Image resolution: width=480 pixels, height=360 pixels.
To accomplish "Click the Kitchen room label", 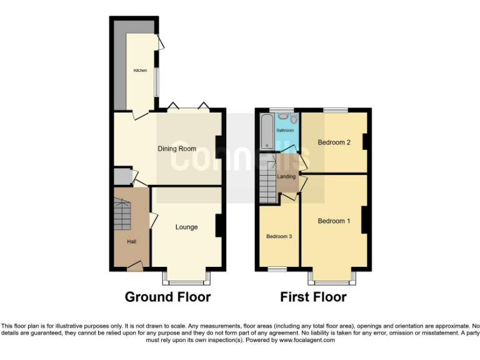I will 139,71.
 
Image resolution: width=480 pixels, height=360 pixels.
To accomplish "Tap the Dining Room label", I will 176,149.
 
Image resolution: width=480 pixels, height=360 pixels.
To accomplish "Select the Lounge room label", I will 186,227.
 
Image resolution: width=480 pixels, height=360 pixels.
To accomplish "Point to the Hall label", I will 131,242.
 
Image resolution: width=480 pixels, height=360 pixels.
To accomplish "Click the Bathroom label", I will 285,131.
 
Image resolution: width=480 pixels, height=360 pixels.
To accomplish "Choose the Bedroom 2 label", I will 334,142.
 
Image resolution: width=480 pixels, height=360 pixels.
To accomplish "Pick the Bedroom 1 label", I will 334,221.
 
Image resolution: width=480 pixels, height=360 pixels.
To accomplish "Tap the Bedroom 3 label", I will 279,236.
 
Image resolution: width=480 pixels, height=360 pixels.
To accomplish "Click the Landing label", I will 286,177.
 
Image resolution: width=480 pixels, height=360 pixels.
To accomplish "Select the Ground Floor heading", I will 167,297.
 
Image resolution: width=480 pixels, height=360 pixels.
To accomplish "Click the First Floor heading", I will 313,297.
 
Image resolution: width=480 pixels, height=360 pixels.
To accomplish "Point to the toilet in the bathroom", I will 294,117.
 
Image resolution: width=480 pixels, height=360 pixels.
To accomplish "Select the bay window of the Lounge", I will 186,275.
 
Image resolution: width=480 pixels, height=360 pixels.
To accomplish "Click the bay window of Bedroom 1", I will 332,275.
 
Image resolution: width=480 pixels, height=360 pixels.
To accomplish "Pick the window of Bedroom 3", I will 277,269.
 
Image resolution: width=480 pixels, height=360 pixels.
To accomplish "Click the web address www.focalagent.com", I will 307,341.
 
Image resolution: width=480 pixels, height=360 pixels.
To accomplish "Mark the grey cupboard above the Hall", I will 122,177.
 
